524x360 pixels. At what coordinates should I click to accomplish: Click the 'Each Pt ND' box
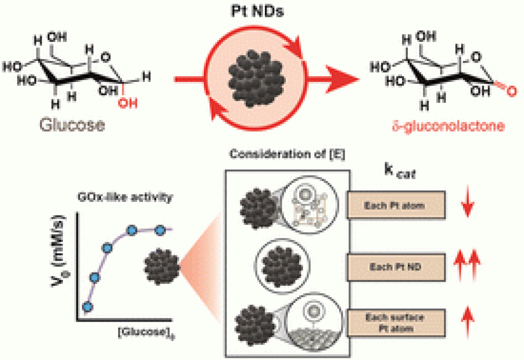pos(396,267)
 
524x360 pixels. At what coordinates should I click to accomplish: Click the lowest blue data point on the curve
pos(88,307)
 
